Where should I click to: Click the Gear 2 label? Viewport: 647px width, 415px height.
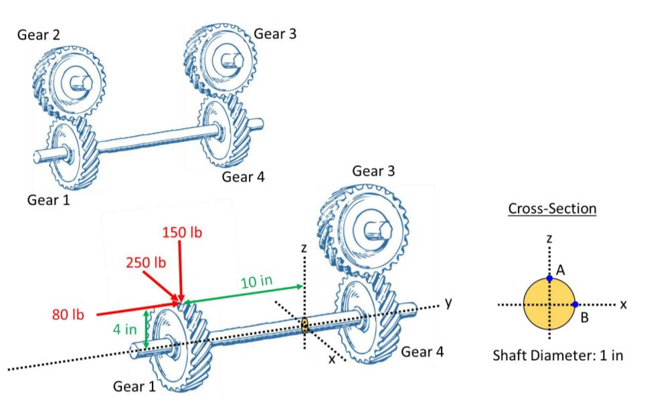tap(38, 35)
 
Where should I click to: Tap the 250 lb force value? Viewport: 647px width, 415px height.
tap(145, 262)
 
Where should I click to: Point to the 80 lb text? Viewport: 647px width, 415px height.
tap(69, 315)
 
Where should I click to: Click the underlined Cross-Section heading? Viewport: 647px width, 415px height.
tap(552, 208)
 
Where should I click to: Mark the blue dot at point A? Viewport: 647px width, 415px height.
tap(549, 277)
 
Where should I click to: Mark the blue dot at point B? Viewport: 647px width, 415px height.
tap(575, 305)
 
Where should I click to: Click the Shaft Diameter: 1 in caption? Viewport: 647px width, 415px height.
tap(557, 355)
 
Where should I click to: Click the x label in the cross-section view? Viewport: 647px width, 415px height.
tap(622, 304)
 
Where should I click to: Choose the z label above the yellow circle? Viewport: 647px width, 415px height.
tap(549, 238)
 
